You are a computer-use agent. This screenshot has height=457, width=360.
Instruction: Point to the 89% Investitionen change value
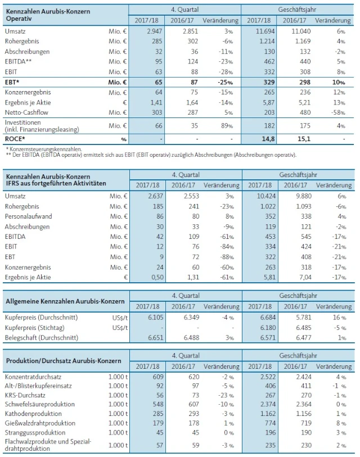[231, 125]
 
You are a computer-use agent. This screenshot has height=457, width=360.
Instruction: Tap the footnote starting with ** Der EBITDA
[150, 155]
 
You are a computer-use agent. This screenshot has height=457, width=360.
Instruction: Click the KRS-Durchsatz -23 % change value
[228, 395]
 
